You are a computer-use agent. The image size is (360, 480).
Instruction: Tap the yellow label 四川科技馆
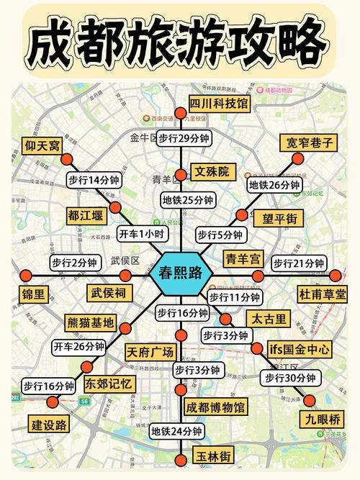point(219,104)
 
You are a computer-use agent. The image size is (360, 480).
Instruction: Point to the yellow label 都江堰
point(86,214)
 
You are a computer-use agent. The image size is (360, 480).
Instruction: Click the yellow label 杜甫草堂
point(321,294)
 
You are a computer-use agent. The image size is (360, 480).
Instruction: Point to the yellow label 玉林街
point(214,456)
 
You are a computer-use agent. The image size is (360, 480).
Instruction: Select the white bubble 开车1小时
point(142,233)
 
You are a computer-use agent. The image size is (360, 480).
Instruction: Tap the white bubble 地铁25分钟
point(187,200)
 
